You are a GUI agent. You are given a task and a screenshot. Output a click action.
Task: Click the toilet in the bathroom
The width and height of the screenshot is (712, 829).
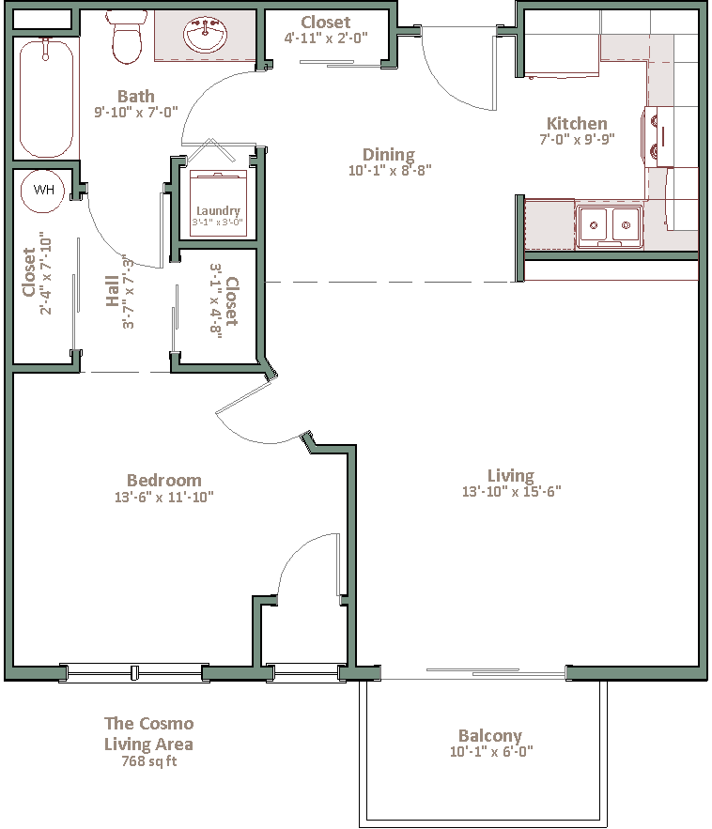coord(127,37)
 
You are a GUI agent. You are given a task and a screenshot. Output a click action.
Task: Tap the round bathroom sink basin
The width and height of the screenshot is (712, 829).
coord(206,35)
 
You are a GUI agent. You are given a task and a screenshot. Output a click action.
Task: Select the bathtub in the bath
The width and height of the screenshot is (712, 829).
coord(46,98)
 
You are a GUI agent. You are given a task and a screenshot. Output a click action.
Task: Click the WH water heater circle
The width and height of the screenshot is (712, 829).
coord(42,191)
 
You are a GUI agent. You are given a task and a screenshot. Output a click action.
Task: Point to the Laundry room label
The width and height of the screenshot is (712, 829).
coord(218,211)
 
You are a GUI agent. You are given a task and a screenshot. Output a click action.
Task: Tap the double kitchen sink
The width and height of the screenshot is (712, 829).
coord(610,226)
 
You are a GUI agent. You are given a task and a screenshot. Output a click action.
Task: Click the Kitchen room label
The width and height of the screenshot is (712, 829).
coord(577,123)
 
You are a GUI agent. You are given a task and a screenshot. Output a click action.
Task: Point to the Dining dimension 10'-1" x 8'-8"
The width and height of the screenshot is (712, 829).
coord(390,170)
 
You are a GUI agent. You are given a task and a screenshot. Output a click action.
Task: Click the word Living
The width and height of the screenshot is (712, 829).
coord(510,476)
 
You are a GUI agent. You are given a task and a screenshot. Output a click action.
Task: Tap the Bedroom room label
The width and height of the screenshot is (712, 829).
coord(164,480)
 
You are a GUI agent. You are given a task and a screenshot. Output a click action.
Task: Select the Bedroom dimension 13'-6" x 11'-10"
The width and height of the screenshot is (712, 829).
coord(164,497)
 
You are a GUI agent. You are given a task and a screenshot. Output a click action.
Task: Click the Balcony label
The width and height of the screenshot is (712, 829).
coord(490,736)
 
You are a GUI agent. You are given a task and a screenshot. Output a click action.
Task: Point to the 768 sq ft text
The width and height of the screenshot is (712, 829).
coord(149,761)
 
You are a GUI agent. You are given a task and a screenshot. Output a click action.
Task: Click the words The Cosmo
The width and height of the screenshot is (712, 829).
coord(149,723)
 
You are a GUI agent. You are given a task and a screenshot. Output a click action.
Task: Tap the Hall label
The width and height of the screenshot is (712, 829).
coord(112,290)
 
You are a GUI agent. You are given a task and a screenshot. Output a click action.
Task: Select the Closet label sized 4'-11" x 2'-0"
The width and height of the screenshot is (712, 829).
coord(325,23)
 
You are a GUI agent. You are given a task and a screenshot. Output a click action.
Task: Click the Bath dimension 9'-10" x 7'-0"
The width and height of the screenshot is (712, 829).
coord(136,112)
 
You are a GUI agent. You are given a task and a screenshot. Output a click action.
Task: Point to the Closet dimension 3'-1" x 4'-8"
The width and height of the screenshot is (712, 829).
coord(215,300)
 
